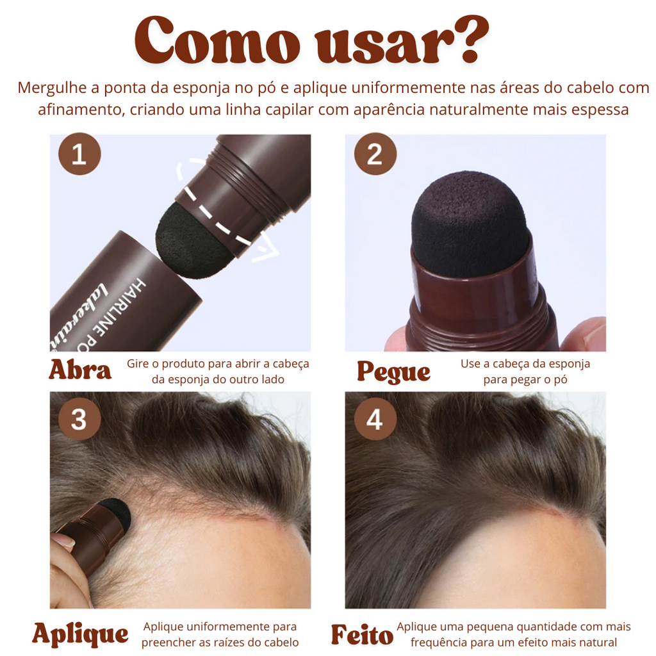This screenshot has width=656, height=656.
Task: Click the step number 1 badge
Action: pyautogui.click(x=79, y=154)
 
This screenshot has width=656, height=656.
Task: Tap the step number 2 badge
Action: pyautogui.click(x=375, y=154)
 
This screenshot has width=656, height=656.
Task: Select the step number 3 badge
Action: pyautogui.click(x=79, y=419)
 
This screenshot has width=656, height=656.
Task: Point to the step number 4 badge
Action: pyautogui.click(x=375, y=419)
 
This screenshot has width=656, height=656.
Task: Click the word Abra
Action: pyautogui.click(x=80, y=370)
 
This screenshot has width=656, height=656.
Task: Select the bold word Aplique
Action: pyautogui.click(x=80, y=634)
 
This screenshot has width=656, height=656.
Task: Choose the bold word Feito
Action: pyautogui.click(x=362, y=635)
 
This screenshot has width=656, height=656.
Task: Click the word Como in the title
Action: pyautogui.click(x=217, y=40)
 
